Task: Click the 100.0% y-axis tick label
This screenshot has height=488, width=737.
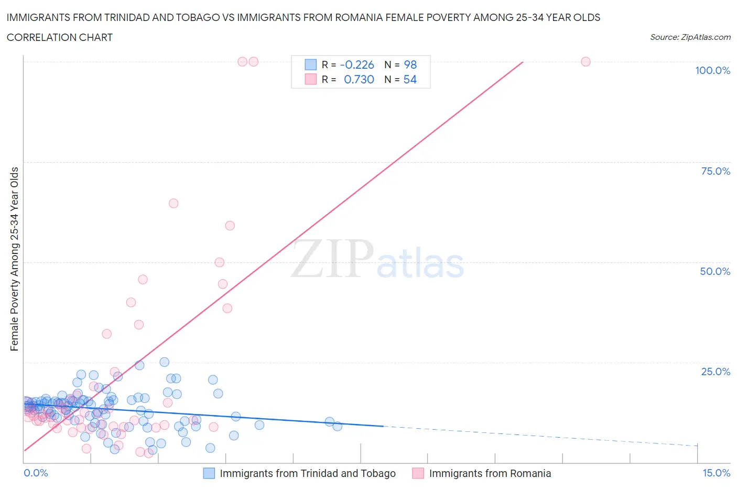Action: click(712, 70)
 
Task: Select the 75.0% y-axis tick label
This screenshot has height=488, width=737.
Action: click(716, 171)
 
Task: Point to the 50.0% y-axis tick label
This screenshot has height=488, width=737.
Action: click(715, 271)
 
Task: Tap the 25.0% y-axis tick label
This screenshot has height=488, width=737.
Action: click(716, 372)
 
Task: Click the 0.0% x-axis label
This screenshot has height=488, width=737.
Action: click(36, 473)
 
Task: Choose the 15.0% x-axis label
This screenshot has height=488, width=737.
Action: click(716, 473)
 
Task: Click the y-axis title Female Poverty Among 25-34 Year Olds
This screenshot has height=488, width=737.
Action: click(14, 259)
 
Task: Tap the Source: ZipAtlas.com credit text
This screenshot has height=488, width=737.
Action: click(690, 37)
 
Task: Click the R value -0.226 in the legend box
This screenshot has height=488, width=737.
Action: click(357, 65)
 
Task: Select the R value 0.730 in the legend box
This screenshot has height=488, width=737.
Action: click(359, 79)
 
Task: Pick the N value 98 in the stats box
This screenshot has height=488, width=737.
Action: click(410, 65)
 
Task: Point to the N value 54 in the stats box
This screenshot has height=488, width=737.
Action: click(410, 79)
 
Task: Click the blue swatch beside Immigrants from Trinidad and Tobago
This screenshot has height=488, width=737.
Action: click(209, 473)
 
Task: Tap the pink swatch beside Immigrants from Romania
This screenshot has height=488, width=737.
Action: click(418, 473)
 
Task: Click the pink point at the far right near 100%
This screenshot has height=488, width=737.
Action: click(586, 62)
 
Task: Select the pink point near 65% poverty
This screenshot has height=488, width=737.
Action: click(174, 203)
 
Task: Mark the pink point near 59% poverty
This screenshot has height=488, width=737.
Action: click(230, 226)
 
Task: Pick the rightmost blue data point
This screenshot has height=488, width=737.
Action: click(337, 426)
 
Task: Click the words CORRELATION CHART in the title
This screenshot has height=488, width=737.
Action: click(60, 37)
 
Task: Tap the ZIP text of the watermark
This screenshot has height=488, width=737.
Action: click(332, 259)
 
